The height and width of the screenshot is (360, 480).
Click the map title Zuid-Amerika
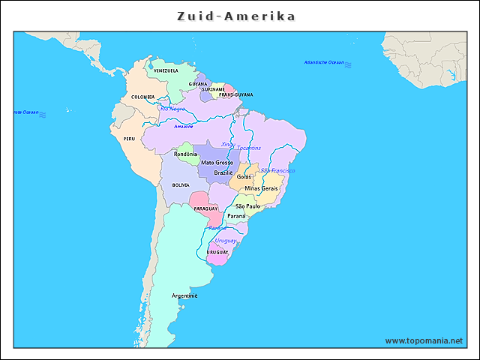pyautogui.click(x=235, y=16)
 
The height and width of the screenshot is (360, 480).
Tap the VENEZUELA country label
pyautogui.click(x=166, y=70)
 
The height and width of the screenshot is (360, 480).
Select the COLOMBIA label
pyautogui.click(x=143, y=97)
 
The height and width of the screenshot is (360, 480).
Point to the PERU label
pyautogui.click(x=130, y=139)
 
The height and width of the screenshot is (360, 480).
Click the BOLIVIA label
pyautogui.click(x=181, y=184)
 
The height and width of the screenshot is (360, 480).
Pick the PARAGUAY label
pyautogui.click(x=205, y=208)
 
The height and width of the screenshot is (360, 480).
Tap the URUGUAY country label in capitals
pyautogui.click(x=217, y=252)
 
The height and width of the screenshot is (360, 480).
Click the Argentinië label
pyautogui.click(x=184, y=295)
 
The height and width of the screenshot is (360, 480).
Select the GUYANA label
pyautogui.click(x=198, y=84)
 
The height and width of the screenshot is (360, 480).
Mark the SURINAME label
pyautogui.click(x=214, y=89)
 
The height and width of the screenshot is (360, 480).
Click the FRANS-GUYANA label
pyautogui.click(x=235, y=95)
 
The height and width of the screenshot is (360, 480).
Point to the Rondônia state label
pyautogui.click(x=186, y=154)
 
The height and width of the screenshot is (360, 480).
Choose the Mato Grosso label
pyautogui.click(x=217, y=163)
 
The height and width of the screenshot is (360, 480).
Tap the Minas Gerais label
pyautogui.click(x=261, y=188)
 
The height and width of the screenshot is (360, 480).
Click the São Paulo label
pyautogui.click(x=247, y=205)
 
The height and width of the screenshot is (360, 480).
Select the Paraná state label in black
pyautogui.click(x=236, y=215)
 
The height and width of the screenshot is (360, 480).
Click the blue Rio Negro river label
pyautogui.click(x=173, y=109)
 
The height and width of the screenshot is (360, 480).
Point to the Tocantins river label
pyautogui.click(x=249, y=148)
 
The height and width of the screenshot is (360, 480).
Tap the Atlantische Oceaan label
pyautogui.click(x=324, y=62)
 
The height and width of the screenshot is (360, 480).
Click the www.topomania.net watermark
pyautogui.click(x=424, y=340)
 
